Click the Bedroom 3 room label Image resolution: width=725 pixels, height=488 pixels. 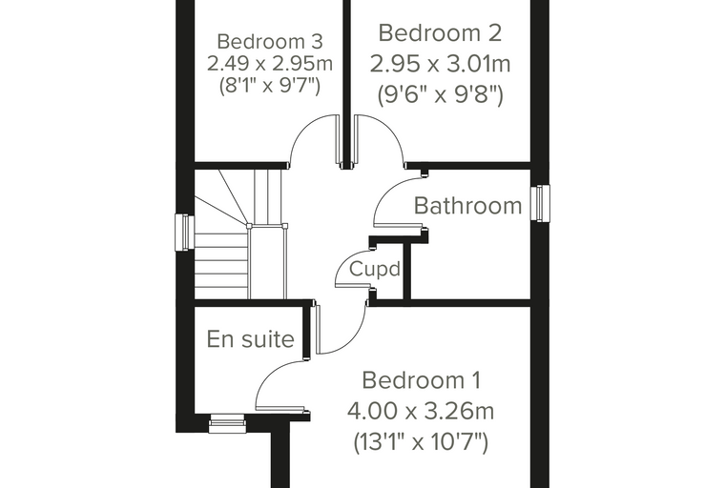click(x=270, y=42)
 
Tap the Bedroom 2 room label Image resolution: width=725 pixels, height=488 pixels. click(x=440, y=33)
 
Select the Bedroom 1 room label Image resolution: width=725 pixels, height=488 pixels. click(x=422, y=380)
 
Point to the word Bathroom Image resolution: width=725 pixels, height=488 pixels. click(x=468, y=206)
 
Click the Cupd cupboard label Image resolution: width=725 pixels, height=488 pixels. click(x=375, y=269)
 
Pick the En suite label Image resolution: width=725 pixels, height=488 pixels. click(x=250, y=338)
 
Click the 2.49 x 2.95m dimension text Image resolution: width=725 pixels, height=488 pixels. click(x=270, y=64)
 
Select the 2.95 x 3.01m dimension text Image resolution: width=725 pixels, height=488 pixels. click(x=440, y=64)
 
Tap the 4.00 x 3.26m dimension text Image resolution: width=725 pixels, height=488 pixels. click(x=421, y=411)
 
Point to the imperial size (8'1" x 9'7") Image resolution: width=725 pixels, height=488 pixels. click(x=270, y=86)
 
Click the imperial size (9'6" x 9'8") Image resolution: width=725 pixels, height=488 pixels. click(x=440, y=95)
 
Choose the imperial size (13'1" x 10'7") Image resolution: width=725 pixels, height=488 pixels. click(x=421, y=442)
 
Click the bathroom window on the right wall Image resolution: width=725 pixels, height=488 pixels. click(x=540, y=203)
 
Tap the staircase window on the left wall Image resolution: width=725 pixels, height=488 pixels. click(x=184, y=232)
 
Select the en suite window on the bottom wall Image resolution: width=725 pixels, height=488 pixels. click(x=227, y=424)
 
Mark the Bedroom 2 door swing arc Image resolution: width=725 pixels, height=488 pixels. click(x=387, y=128)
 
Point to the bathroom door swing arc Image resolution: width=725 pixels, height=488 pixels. click(x=387, y=190)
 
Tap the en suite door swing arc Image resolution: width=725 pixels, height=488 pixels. click(x=269, y=374)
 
